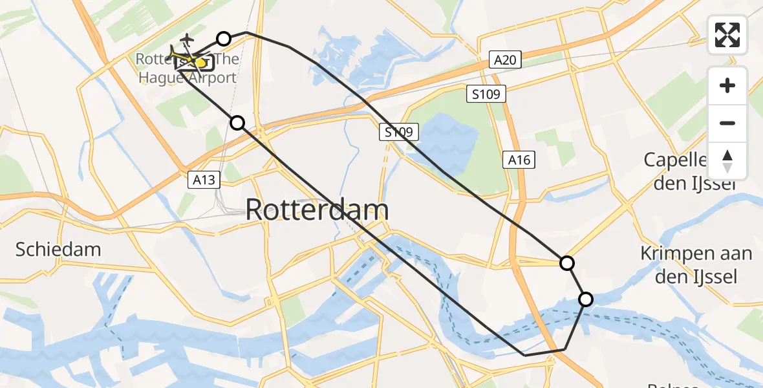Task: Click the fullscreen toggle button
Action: [x=727, y=35]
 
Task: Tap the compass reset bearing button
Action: [x=727, y=161]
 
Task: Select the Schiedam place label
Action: [x=58, y=250]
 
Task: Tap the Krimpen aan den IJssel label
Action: [x=696, y=265]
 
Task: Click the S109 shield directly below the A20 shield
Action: [x=486, y=94]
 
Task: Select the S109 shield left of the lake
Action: [x=399, y=133]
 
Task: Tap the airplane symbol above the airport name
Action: [x=187, y=40]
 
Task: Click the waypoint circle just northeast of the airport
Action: [x=224, y=39]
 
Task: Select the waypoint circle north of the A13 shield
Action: [x=238, y=123]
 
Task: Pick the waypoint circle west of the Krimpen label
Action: [x=567, y=263]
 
